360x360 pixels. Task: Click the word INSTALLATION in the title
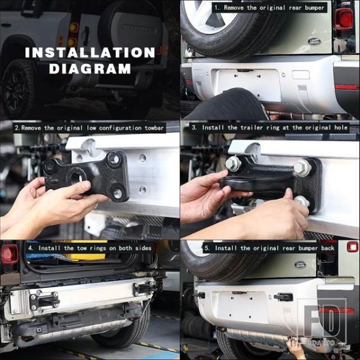(x=90, y=53)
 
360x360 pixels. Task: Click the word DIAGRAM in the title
(x=90, y=68)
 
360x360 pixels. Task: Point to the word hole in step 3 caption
(x=341, y=127)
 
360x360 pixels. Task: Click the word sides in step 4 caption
(x=143, y=248)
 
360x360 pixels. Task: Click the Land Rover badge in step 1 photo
(x=314, y=41)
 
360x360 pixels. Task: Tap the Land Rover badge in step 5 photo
(x=301, y=265)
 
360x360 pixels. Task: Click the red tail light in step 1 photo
(x=343, y=19)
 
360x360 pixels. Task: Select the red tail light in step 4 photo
(x=10, y=254)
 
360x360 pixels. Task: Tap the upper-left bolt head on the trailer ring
(x=233, y=164)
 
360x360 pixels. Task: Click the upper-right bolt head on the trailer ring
(x=302, y=167)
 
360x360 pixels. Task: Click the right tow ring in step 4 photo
(x=143, y=288)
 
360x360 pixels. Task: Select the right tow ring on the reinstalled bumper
(x=283, y=297)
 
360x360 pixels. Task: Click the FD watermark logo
(x=322, y=322)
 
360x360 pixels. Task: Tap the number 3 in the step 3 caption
(x=194, y=127)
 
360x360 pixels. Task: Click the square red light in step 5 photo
(x=352, y=247)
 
